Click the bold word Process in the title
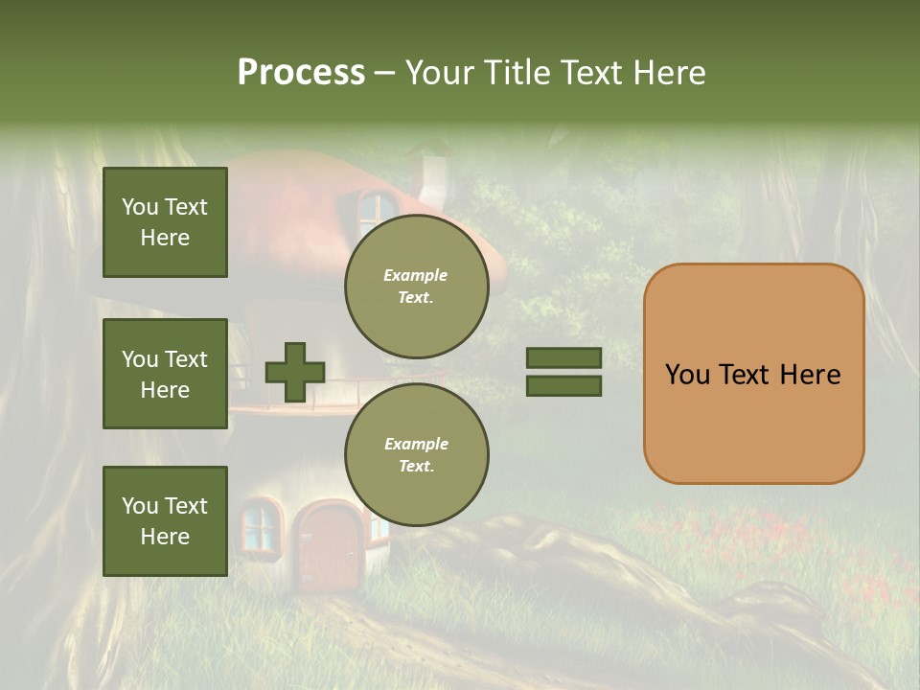coord(301,73)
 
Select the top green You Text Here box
coord(165,222)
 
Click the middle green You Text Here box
coord(165,374)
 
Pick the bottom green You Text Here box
coord(165,520)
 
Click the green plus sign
coord(295,372)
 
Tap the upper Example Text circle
coord(416,286)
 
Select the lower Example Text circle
coord(416,454)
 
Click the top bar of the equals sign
coord(563,358)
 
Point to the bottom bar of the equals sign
coord(563,386)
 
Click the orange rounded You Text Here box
coord(753,374)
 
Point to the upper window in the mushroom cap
coord(377,206)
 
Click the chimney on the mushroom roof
coord(435,175)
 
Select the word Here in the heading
coord(671,73)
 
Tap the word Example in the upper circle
coord(416,275)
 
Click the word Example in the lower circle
coord(416,444)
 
